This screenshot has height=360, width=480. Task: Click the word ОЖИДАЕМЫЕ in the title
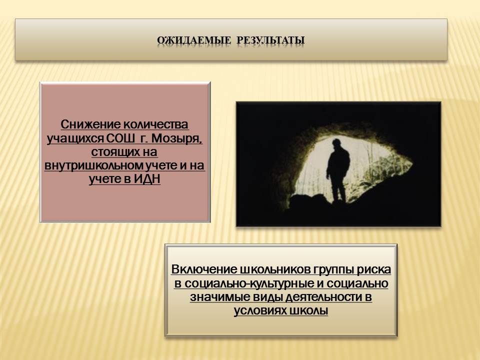pos(194,40)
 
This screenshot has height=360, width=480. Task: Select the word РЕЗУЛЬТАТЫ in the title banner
pos(270,40)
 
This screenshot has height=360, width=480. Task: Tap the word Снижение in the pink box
pos(90,124)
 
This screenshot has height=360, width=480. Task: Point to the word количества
pos(155,124)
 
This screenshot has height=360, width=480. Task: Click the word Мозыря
pos(176,138)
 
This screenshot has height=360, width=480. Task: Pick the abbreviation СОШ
pos(120,138)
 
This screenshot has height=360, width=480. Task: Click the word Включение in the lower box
pos(204,269)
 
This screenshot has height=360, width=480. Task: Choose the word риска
pos(373,269)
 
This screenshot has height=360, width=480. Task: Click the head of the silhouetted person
pos(336,143)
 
